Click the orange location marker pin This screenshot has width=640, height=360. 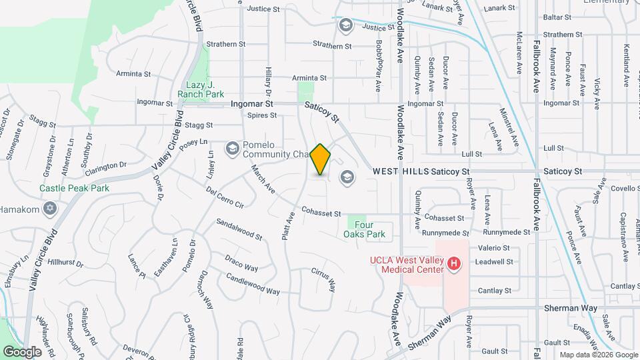pyautogui.click(x=320, y=159)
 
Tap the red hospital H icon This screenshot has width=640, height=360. pyautogui.click(x=454, y=264)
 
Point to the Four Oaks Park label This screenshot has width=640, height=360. pyautogui.click(x=365, y=229)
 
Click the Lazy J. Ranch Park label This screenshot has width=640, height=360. pyautogui.click(x=201, y=89)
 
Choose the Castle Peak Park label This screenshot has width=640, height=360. pyautogui.click(x=74, y=188)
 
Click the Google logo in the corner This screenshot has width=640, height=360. pyautogui.click(x=23, y=351)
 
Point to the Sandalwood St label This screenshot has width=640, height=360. pyautogui.click(x=239, y=228)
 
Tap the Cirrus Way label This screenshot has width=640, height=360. pyautogui.click(x=323, y=280)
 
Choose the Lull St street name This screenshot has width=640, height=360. pyautogui.click(x=471, y=154)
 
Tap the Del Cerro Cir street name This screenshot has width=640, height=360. pyautogui.click(x=225, y=198)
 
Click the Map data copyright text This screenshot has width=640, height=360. pyautogui.click(x=597, y=355)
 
